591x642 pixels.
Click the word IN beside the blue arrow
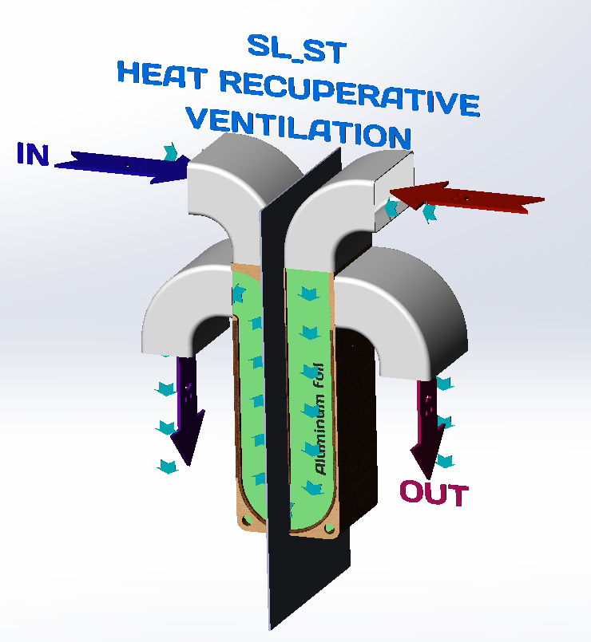[33, 153]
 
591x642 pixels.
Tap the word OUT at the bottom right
[433, 494]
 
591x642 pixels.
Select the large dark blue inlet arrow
[120, 165]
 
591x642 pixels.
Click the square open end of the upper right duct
[391, 179]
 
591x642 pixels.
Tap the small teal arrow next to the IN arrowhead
[169, 152]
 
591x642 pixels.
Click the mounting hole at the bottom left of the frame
[247, 519]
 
